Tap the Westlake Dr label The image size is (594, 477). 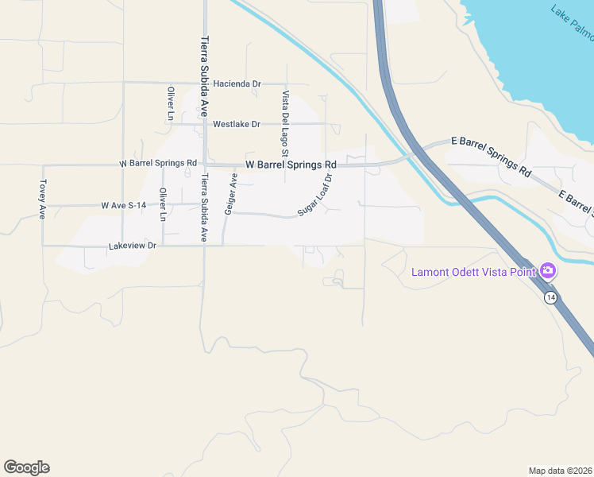pyautogui.click(x=237, y=124)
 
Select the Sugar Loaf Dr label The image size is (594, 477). pyautogui.click(x=314, y=196)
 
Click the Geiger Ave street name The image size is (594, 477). pyautogui.click(x=230, y=194)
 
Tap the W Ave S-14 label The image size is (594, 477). pyautogui.click(x=124, y=205)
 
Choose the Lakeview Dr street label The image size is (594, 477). pyautogui.click(x=133, y=247)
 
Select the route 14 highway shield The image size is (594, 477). pyautogui.click(x=550, y=297)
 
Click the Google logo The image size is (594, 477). pyautogui.click(x=26, y=467)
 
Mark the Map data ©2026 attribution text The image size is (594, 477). pyautogui.click(x=560, y=470)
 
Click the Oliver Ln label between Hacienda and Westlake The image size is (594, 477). pyautogui.click(x=170, y=103)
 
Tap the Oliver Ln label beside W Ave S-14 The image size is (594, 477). pyautogui.click(x=163, y=204)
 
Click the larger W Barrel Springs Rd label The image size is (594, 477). pyautogui.click(x=291, y=165)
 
